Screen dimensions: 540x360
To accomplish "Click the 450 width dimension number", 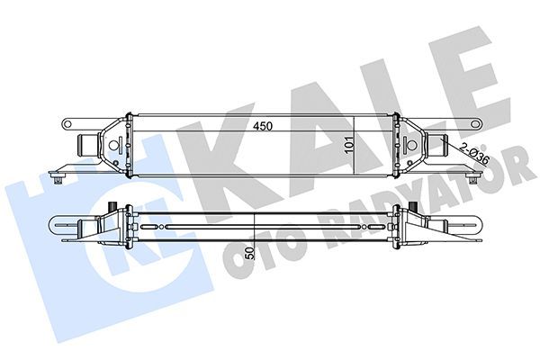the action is (x=263, y=126).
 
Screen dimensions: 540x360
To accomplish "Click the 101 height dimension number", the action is (x=349, y=145).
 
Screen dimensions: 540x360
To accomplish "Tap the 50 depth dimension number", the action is (x=251, y=253).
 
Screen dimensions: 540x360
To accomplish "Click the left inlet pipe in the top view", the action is (x=87, y=146).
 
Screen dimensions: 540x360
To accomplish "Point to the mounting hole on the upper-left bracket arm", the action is (x=67, y=124).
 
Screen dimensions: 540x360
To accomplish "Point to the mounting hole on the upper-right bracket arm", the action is (x=475, y=124).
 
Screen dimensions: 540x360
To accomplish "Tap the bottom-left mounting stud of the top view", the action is (x=58, y=179).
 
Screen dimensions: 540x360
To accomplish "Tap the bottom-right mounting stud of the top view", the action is (x=472, y=179).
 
